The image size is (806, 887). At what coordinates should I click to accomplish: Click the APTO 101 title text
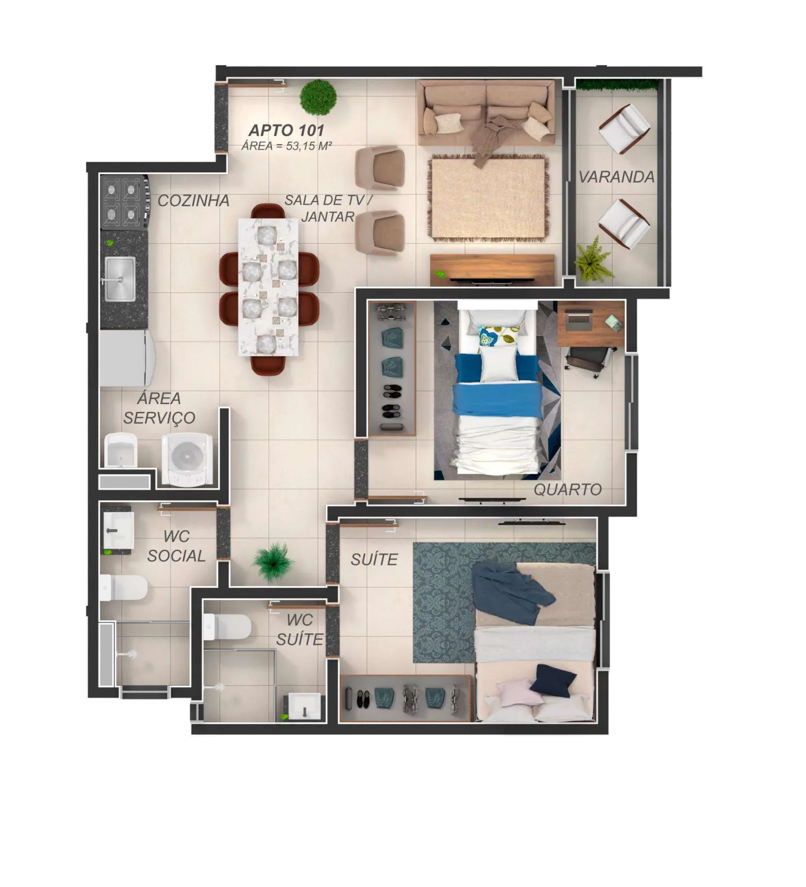[x=286, y=130]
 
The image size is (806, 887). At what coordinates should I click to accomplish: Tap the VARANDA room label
[x=617, y=177]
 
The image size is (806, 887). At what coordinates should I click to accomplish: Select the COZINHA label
[x=193, y=201]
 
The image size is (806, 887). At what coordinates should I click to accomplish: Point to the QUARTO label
[x=568, y=490]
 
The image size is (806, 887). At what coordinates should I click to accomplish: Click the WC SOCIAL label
[x=176, y=546]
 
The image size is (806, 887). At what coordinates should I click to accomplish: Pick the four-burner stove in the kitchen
[x=124, y=202]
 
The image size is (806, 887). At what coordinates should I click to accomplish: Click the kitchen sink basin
[x=120, y=278]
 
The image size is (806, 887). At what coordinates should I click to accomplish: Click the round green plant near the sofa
[x=318, y=96]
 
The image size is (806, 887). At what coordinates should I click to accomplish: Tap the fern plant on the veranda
[x=593, y=261]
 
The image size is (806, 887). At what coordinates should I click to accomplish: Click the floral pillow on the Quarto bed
[x=499, y=338]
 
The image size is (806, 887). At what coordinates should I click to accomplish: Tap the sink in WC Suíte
[x=305, y=706]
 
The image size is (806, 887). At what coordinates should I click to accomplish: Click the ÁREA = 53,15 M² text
[x=287, y=146]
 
